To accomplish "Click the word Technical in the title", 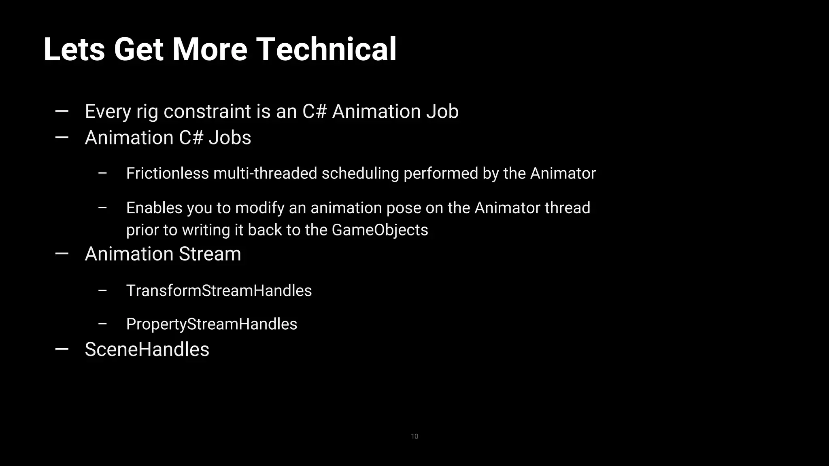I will coord(326,49).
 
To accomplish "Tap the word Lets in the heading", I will coord(74,49).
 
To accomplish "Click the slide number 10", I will coord(414,436).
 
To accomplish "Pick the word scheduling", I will coord(360,174).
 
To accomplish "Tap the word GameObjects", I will coord(380,230).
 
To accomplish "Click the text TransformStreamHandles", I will coord(219,291).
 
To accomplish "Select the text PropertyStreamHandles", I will coord(212,324).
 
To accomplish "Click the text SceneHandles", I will coord(147,349).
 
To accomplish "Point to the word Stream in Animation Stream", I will coord(210,254).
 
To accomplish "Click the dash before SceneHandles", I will coord(62,349).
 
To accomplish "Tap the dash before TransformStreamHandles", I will coord(102,290).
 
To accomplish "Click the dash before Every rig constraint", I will coord(62,111).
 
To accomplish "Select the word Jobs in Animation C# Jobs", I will coord(230,138).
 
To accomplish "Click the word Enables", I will coord(154,208).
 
